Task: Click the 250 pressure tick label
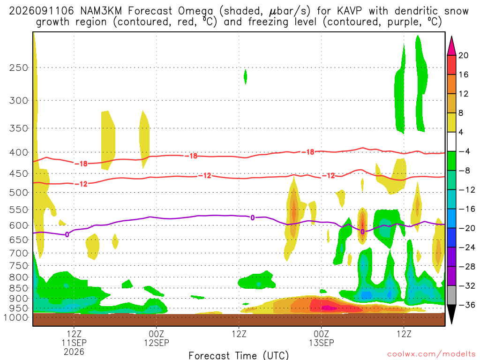pyautogui.click(x=19, y=67)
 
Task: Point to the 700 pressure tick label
pyautogui.click(x=19, y=253)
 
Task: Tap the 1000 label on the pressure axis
pyautogui.click(x=15, y=317)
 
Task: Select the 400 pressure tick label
pyautogui.click(x=19, y=152)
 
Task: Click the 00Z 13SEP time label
pyautogui.click(x=322, y=338)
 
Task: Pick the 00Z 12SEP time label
pyautogui.click(x=157, y=338)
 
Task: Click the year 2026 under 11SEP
pyautogui.click(x=74, y=352)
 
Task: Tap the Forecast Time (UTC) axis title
pyautogui.click(x=239, y=355)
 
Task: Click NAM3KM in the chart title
pyautogui.click(x=101, y=11)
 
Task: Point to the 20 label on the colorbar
pyautogui.click(x=464, y=55)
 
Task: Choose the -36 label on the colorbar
pyautogui.click(x=466, y=305)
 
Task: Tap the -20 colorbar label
pyautogui.click(x=466, y=228)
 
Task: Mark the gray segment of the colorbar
pyautogui.click(x=451, y=295)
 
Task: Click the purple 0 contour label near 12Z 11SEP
pyautogui.click(x=67, y=235)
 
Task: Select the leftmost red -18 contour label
pyautogui.click(x=81, y=164)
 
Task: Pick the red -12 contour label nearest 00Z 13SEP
pyautogui.click(x=329, y=176)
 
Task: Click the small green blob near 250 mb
pyautogui.click(x=245, y=76)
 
